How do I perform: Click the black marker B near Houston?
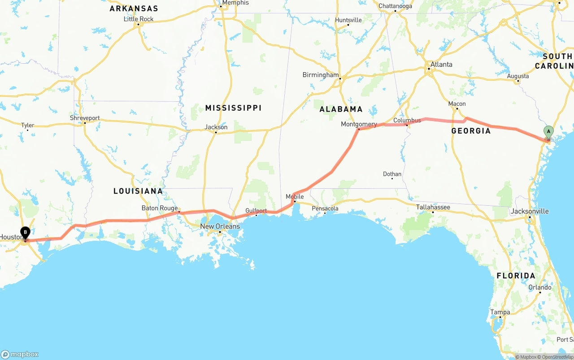point(26,233)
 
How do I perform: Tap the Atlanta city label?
point(441,65)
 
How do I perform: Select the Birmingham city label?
point(320,75)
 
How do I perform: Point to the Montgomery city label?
point(359,124)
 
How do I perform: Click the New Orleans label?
point(220,226)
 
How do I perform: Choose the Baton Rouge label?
point(160,208)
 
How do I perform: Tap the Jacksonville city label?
point(530,211)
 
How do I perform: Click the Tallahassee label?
point(433,207)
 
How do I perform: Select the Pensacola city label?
point(325,208)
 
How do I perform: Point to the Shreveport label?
point(85,118)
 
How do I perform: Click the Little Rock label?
point(139,19)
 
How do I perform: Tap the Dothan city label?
point(392,174)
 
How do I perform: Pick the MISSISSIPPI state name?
point(233,108)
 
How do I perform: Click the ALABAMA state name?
point(341,109)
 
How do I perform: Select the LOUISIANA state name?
point(138,191)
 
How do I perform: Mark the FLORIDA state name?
point(516,276)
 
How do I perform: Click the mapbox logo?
point(20,354)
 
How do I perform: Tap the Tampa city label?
point(500,312)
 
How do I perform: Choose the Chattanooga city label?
point(395,6)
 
